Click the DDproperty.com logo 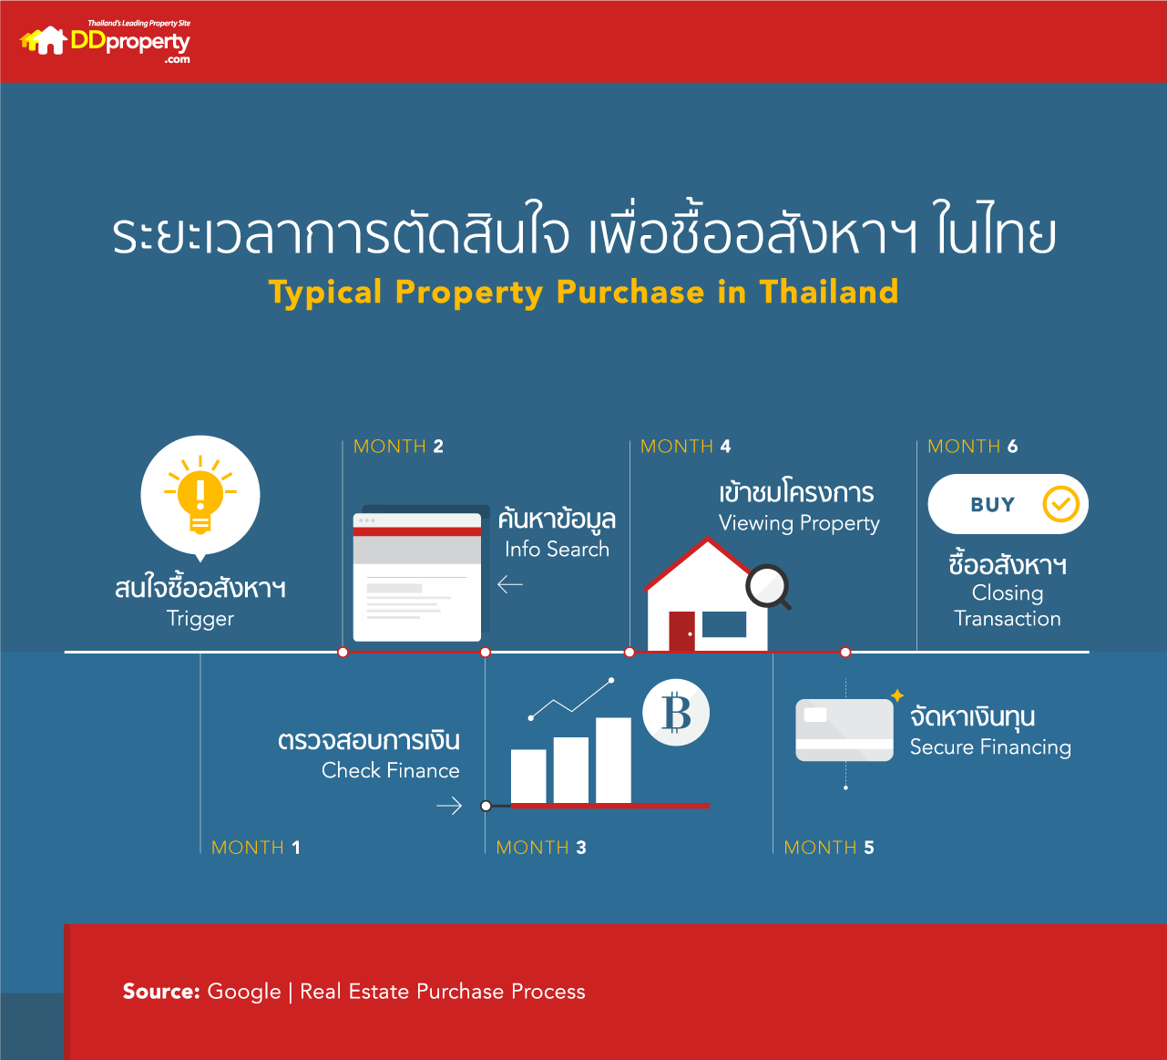point(106,42)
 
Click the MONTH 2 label point(398,447)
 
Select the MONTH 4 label point(685,447)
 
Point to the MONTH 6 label point(972,447)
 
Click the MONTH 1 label point(255,848)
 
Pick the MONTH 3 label point(541,848)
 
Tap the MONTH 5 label point(829,848)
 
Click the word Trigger point(200,619)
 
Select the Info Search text point(557,550)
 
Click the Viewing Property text point(799,523)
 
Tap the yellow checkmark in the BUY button point(1060,504)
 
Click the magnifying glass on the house point(767,587)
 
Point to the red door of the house point(681,631)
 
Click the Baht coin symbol point(676,713)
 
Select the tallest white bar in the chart point(613,760)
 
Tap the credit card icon point(845,729)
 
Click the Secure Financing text point(990,747)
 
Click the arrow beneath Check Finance point(449,806)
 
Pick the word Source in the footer point(160,992)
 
